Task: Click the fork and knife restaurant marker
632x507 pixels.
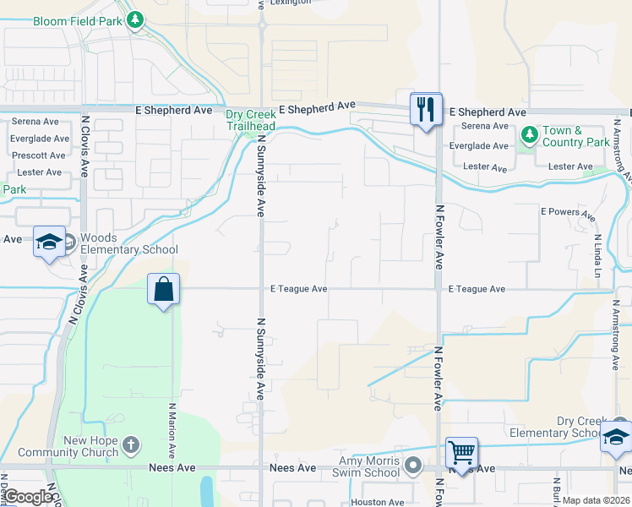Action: (x=426, y=110)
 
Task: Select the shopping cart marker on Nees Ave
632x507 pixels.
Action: (x=461, y=452)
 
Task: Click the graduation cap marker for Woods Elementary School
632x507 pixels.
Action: (x=50, y=242)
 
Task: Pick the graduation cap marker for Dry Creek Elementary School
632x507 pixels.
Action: (x=616, y=437)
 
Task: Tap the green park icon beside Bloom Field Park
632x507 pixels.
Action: (x=135, y=20)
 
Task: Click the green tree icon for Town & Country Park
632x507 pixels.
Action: (x=529, y=134)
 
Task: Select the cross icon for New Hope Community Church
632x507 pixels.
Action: (x=130, y=444)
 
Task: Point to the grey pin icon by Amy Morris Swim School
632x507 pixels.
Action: (x=412, y=464)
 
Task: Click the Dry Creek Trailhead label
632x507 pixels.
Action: (x=250, y=120)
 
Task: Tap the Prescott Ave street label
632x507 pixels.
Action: (x=39, y=155)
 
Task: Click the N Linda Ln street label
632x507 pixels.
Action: (x=597, y=256)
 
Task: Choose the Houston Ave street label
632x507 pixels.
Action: (x=379, y=502)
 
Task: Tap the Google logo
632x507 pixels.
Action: (x=30, y=498)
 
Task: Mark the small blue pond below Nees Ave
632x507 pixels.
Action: (x=207, y=491)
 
